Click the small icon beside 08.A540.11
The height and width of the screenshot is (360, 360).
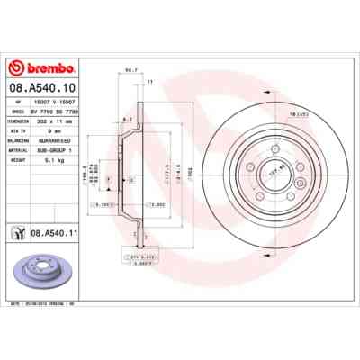(x=18, y=233)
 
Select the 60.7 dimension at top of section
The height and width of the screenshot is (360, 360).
(x=130, y=70)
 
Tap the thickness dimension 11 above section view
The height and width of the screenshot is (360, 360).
(x=149, y=82)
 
